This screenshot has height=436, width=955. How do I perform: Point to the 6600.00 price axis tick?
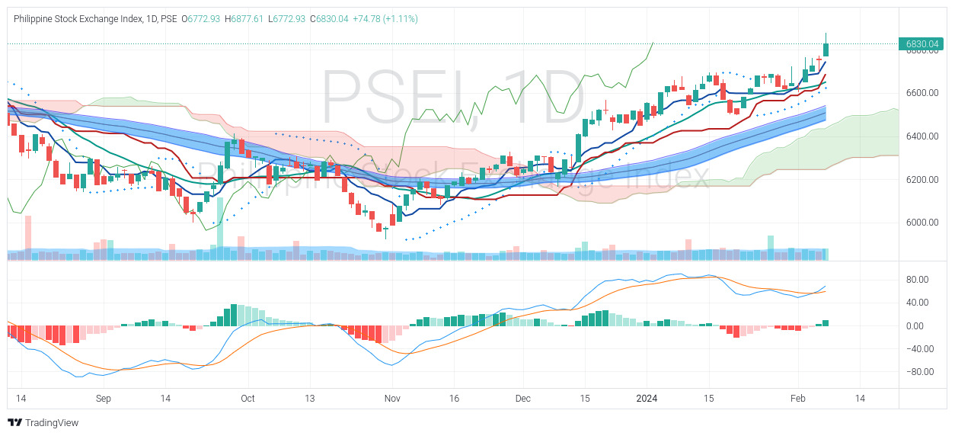click(922, 93)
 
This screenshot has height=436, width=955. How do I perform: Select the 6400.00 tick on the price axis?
click(922, 136)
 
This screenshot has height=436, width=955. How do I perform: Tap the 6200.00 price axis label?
click(922, 180)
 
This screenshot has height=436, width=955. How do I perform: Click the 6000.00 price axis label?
click(922, 223)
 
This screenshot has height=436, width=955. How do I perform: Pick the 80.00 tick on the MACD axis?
click(916, 280)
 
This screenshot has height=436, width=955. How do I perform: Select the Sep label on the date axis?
click(104, 399)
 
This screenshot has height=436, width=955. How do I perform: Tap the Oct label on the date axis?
click(248, 399)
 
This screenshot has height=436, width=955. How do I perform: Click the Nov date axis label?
click(391, 399)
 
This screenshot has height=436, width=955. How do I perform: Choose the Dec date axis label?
click(522, 399)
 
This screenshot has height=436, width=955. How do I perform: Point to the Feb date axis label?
click(797, 399)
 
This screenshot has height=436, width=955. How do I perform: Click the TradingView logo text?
click(51, 423)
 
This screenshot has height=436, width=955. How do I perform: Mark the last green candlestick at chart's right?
click(826, 50)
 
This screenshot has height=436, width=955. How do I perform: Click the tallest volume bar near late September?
click(220, 225)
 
